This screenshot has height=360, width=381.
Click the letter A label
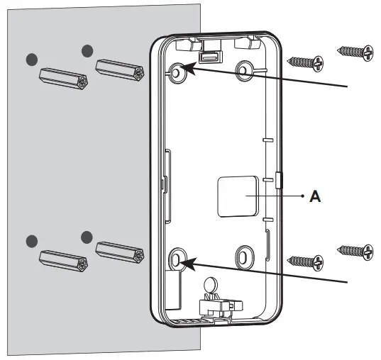click(316, 197)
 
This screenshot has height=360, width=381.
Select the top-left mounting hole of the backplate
click(177, 71)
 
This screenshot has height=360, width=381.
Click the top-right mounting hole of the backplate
click(245, 69)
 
